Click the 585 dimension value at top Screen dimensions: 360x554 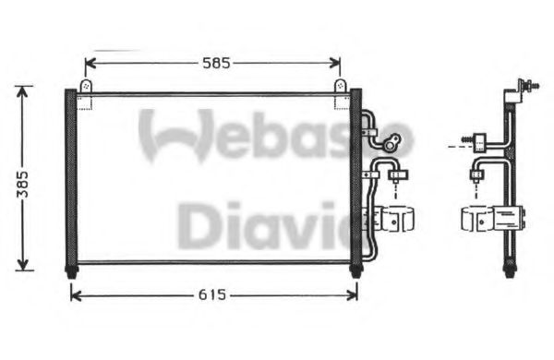click(212, 64)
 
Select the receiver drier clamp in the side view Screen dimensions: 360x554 click(494, 219)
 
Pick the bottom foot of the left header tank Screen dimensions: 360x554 click(71, 271)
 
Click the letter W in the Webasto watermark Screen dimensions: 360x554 click(168, 135)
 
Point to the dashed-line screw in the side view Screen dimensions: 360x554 click(479, 143)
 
